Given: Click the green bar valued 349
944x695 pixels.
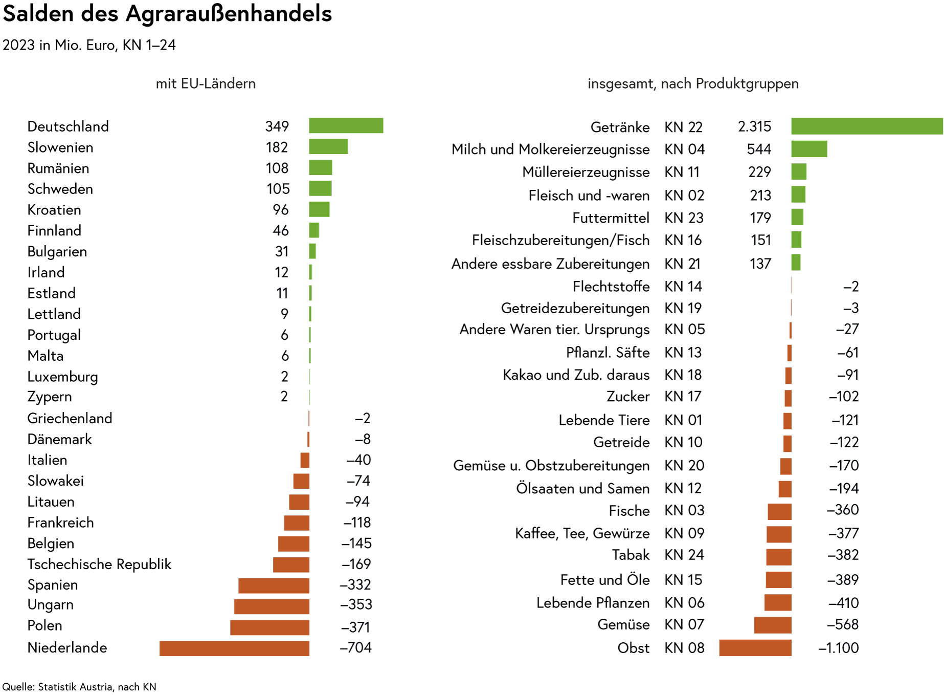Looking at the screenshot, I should pyautogui.click(x=346, y=126).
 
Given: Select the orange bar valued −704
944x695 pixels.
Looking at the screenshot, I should pyautogui.click(x=234, y=648).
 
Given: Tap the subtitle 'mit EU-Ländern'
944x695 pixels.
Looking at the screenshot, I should pyautogui.click(x=206, y=84).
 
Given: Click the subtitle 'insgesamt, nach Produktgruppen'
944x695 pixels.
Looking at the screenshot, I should pyautogui.click(x=693, y=84).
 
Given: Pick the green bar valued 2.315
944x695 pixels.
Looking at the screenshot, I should pyautogui.click(x=867, y=126).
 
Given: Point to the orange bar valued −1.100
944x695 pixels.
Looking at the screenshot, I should pyautogui.click(x=755, y=648).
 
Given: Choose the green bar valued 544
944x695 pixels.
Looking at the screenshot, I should pyautogui.click(x=809, y=149).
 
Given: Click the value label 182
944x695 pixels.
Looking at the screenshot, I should pyautogui.click(x=277, y=147).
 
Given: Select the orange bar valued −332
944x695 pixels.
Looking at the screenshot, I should pyautogui.click(x=274, y=585).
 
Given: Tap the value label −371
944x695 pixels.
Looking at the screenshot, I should pyautogui.click(x=355, y=627).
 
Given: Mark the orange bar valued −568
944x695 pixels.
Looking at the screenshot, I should pyautogui.click(x=773, y=625).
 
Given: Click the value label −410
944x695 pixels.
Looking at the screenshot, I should pyautogui.click(x=843, y=603).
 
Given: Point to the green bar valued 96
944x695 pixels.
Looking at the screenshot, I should pyautogui.click(x=319, y=209).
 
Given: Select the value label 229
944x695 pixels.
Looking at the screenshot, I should pyautogui.click(x=759, y=172).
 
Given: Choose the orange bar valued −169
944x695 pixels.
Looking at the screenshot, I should pyautogui.click(x=291, y=565).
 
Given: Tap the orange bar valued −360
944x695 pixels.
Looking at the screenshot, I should pyautogui.click(x=779, y=512).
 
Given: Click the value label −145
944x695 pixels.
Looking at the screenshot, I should pyautogui.click(x=356, y=544).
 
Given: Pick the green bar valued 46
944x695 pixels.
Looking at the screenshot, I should pyautogui.click(x=314, y=230).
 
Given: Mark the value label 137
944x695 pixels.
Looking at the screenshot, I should pyautogui.click(x=760, y=264).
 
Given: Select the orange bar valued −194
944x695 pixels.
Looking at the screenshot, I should pyautogui.click(x=785, y=489).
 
